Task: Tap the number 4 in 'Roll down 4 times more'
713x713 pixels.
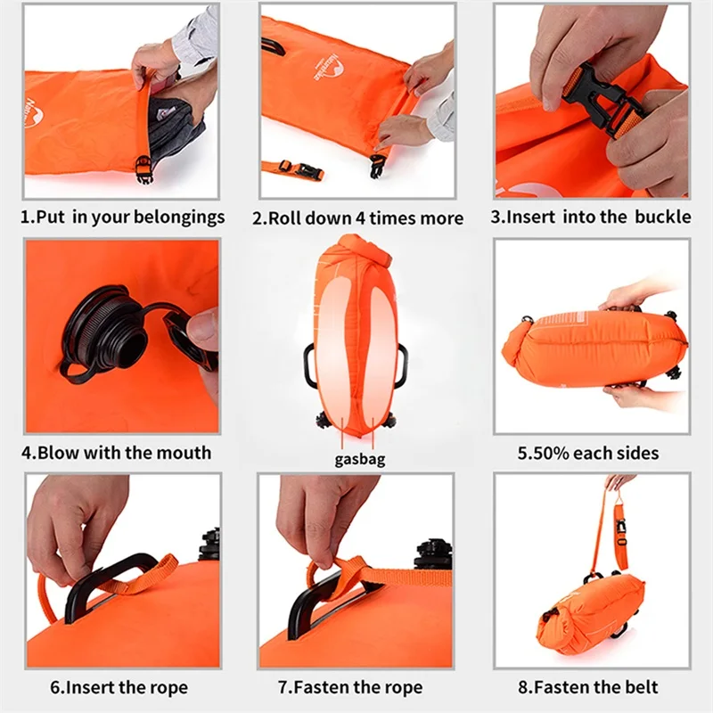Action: [361, 218]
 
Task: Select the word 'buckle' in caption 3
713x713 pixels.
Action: [662, 217]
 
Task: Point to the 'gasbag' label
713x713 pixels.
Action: [360, 460]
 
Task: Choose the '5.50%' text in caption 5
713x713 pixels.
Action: [544, 454]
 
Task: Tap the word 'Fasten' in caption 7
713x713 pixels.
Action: [319, 687]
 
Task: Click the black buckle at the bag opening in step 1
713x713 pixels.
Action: [144, 168]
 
